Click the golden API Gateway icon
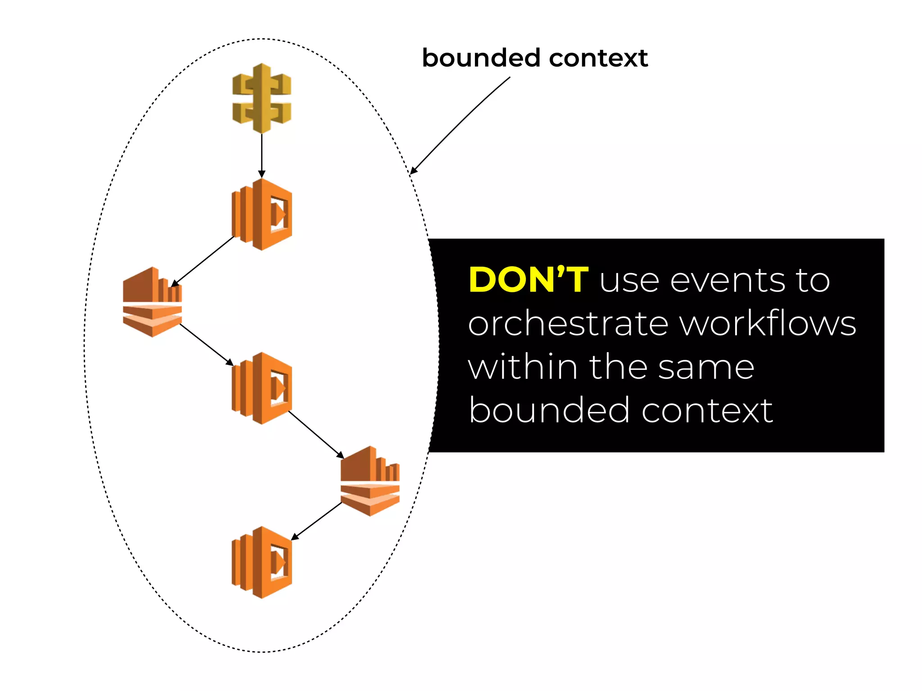(262, 98)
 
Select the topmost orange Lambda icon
(262, 214)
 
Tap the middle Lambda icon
(262, 388)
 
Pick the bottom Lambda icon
(262, 562)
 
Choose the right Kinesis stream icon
(370, 481)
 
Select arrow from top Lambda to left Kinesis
(203, 261)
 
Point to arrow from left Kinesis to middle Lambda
(206, 345)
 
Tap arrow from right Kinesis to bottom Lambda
(316, 521)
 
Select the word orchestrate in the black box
(568, 324)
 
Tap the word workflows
(768, 324)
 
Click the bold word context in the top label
(598, 58)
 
